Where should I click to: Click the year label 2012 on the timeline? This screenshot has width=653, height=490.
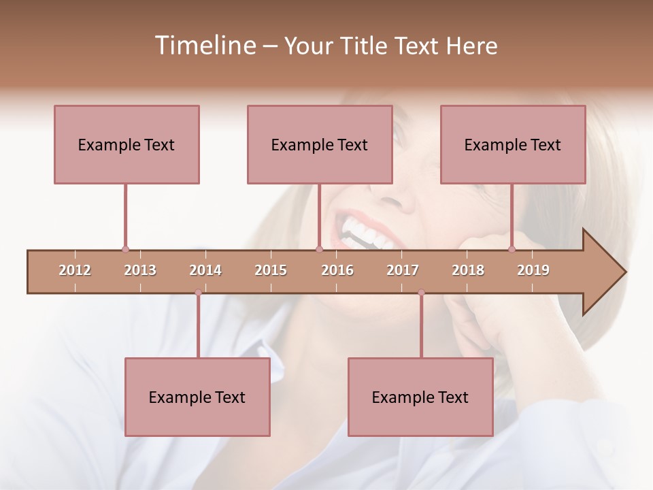75,271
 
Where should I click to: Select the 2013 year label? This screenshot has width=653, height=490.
140,271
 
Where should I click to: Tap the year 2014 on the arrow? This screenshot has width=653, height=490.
205,271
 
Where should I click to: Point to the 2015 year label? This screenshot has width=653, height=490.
271,271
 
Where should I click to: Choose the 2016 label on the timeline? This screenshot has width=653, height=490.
337,271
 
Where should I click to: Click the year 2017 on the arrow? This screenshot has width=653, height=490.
403,271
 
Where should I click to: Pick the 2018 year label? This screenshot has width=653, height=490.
468,271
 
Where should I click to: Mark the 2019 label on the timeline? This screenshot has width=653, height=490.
533,271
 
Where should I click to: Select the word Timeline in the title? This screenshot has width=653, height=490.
203,46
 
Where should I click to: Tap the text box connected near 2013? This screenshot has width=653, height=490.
127,144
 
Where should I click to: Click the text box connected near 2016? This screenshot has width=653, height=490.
320,144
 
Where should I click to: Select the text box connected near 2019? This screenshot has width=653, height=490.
513,144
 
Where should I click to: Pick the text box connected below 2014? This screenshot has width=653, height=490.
197,397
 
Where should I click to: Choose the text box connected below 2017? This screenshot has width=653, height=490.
420,397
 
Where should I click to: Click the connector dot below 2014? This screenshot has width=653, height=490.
198,293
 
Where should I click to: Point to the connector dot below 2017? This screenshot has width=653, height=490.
421,293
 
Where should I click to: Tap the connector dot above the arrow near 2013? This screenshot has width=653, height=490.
125,250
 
